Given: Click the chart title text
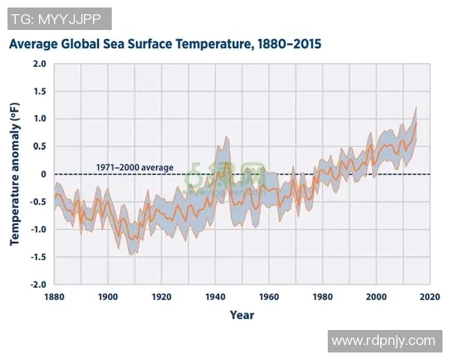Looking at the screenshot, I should (x=165, y=44).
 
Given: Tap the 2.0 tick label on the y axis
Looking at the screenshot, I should (x=39, y=64).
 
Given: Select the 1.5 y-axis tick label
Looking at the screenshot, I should (x=39, y=91).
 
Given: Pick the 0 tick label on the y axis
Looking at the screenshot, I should (x=43, y=174).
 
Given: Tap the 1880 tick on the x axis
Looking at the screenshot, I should (x=54, y=296).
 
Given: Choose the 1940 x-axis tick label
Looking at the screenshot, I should (x=215, y=296).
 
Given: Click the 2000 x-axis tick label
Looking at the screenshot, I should (x=376, y=296).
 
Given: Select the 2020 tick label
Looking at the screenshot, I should (x=430, y=296).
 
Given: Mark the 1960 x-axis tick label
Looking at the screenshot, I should (x=268, y=296).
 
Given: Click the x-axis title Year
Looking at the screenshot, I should (x=241, y=314).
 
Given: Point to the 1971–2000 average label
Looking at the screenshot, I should (x=135, y=167).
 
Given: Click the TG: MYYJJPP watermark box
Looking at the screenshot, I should (x=59, y=19).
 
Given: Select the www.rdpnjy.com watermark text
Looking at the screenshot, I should (x=383, y=340).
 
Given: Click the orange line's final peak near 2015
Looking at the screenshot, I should (x=416, y=123).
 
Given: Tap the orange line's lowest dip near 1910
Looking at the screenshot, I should (x=135, y=239).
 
